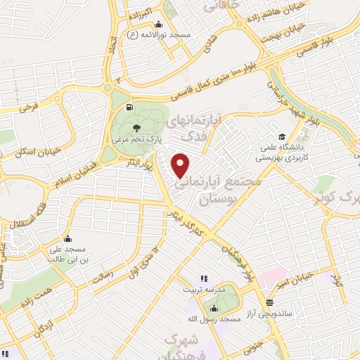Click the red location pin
[181, 165]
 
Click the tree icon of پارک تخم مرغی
[139, 127]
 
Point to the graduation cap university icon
[281, 136]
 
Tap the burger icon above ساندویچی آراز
[269, 302]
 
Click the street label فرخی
[29, 108]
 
